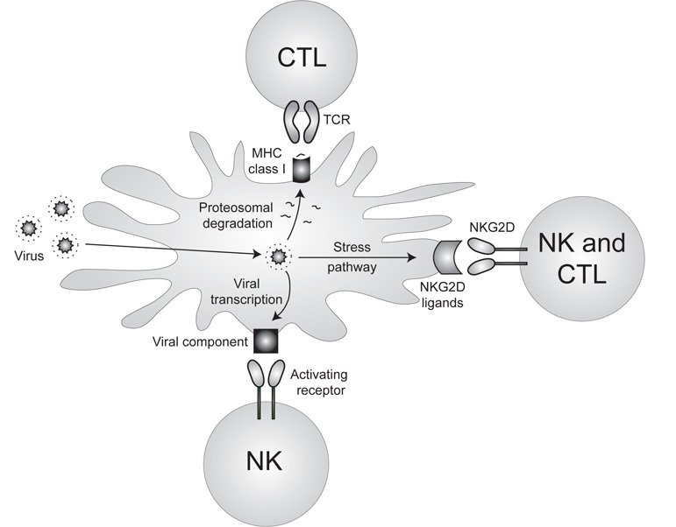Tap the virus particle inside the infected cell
(279, 257)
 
